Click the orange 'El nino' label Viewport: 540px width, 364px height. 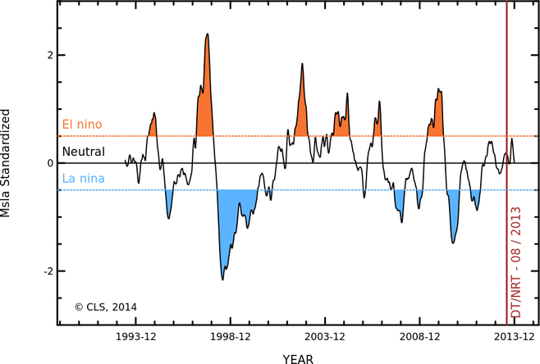pyautogui.click(x=82, y=125)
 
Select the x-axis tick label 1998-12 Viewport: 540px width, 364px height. pyautogui.click(x=231, y=337)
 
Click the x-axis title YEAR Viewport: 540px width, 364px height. pyautogui.click(x=297, y=358)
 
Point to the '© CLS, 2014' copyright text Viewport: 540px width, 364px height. pyautogui.click(x=105, y=307)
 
